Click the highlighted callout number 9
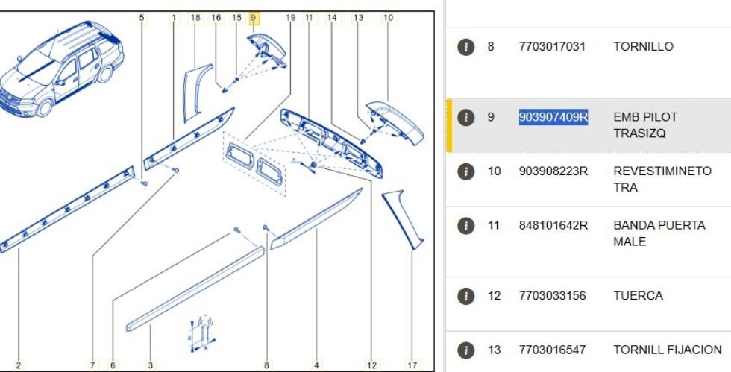254,18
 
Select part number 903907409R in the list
553,117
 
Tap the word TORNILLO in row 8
643,47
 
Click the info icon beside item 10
465,171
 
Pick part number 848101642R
553,226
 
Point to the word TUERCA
638,296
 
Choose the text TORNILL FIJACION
668,350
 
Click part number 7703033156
552,296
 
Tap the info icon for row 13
465,350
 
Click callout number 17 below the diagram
412,365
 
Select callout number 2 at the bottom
18,365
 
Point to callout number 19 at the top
290,18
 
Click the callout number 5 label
142,18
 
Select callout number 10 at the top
389,18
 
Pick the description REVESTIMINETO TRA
662,179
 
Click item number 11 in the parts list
493,226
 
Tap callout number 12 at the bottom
371,365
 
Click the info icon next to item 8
465,47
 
